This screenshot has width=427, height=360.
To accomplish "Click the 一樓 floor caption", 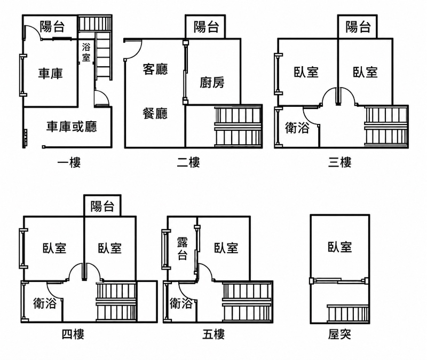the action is click(69, 163).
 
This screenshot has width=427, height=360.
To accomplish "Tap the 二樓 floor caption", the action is click(188, 162).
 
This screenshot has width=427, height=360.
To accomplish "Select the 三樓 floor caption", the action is click(339, 162).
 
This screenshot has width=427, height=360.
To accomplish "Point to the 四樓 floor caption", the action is click(73, 334).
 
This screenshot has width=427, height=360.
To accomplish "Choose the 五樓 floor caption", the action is click(213, 334).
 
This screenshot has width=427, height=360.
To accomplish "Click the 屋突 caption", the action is click(339, 334).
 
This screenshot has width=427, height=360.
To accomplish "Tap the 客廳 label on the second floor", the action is click(155, 69).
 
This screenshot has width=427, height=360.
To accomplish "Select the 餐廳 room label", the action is click(155, 113).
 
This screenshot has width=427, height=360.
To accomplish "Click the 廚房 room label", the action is click(212, 82).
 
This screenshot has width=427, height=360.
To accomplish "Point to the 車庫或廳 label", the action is click(72, 127).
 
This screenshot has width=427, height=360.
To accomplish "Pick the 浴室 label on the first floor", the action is click(86, 52).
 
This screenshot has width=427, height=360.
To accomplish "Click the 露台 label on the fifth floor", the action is click(182, 248).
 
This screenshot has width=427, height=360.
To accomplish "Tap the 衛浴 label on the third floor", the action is click(297, 128).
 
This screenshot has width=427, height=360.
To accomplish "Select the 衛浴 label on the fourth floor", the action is click(45, 303).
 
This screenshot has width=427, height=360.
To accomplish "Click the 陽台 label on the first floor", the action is click(52, 27).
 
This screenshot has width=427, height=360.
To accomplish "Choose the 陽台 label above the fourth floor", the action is click(102, 206).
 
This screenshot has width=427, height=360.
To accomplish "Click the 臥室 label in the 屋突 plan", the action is click(339, 247).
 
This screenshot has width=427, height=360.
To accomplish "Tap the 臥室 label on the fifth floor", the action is click(226, 248).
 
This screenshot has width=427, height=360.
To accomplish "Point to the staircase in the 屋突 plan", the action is click(348, 314).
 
